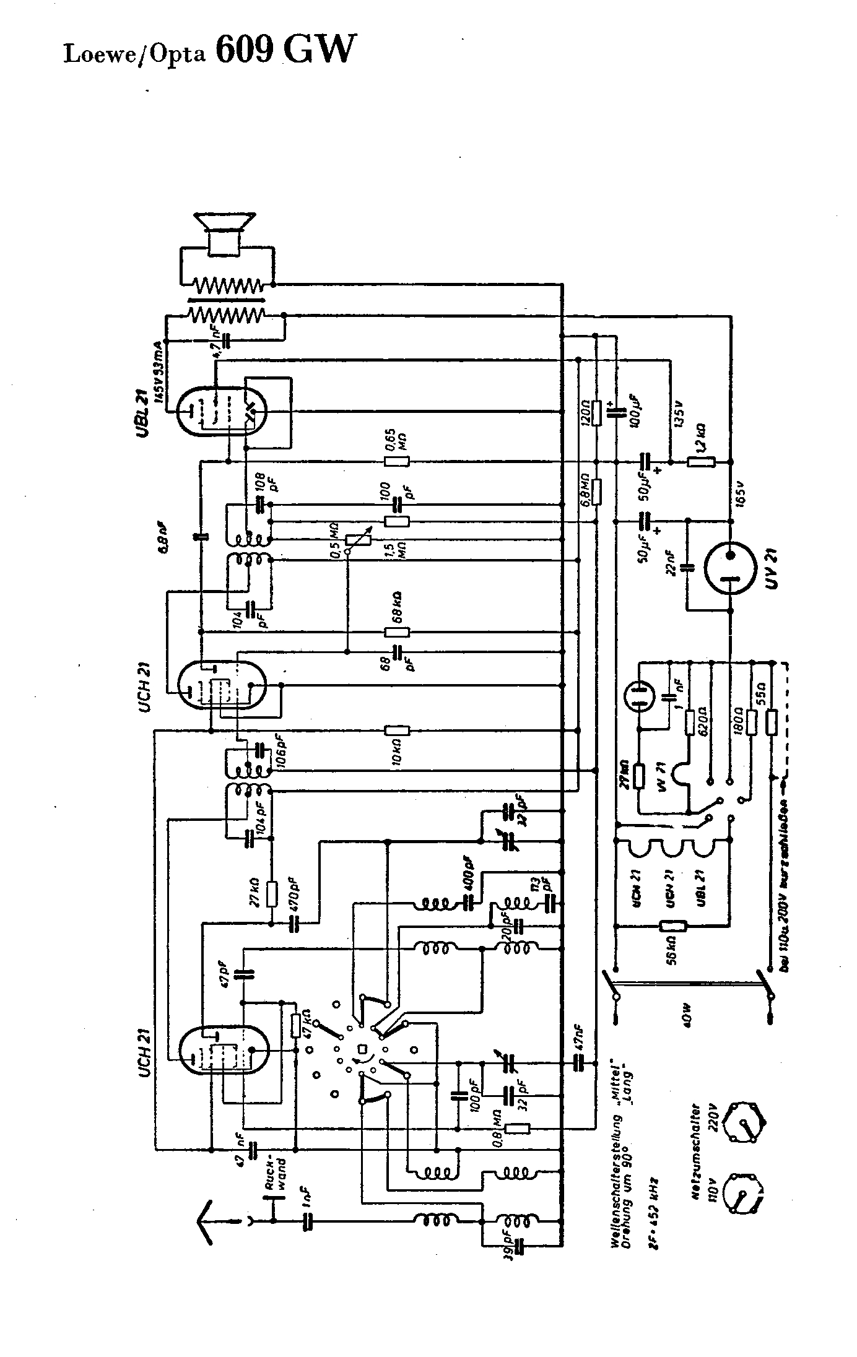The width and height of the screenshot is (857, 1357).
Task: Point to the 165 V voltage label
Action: coord(741,493)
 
